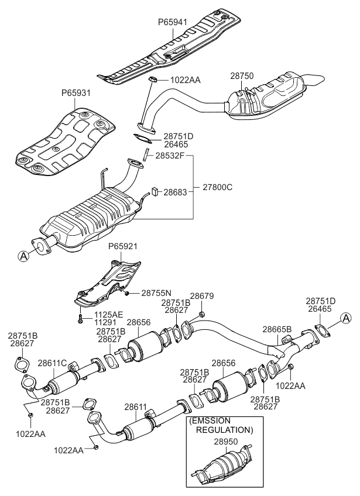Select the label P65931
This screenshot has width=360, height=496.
[x=76, y=94]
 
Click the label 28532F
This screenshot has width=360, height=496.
[x=170, y=156]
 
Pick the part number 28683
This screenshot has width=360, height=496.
[x=176, y=191]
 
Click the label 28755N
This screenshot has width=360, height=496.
[x=155, y=292]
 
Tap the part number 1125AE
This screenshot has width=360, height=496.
[x=109, y=314]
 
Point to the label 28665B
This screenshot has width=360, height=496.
[x=277, y=329]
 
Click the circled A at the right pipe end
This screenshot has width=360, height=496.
[x=347, y=318]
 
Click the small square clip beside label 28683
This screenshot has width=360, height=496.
[x=155, y=191]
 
